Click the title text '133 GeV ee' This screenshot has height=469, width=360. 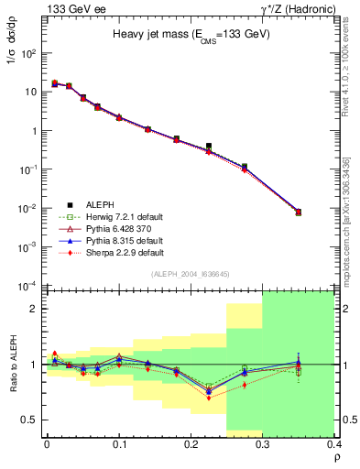click(70, 9)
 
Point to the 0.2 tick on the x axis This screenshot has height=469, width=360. click(191, 444)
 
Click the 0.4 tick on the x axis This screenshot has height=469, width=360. click(334, 444)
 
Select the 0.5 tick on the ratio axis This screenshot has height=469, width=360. click(34, 420)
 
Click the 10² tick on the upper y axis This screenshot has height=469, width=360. click(30, 53)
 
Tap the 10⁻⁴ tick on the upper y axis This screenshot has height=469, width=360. click(30, 286)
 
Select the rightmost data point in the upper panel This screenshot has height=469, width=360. click(298, 212)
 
